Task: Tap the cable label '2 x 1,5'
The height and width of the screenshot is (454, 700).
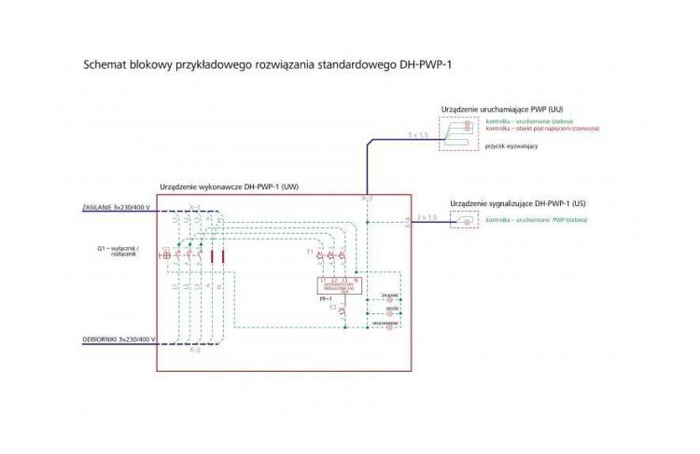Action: pos(427,217)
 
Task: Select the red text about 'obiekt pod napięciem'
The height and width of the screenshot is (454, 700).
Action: pos(542,129)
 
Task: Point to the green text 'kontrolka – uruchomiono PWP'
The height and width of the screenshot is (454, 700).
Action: pos(537,220)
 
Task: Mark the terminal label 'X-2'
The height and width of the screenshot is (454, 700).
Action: pos(195,351)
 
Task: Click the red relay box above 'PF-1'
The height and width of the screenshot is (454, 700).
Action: pos(339,288)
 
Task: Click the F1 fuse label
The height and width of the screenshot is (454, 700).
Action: pos(310,253)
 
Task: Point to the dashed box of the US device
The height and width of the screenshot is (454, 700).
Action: pos(464,220)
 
